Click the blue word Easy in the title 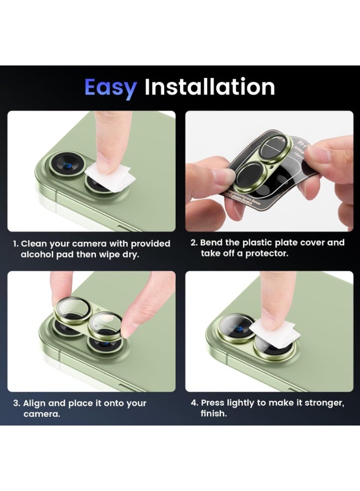(110, 87)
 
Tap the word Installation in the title (209, 87)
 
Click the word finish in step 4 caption (213, 414)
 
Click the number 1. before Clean (16, 243)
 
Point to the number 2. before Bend (194, 242)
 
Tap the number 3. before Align (16, 403)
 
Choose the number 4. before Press (194, 403)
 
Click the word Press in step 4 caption (214, 403)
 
